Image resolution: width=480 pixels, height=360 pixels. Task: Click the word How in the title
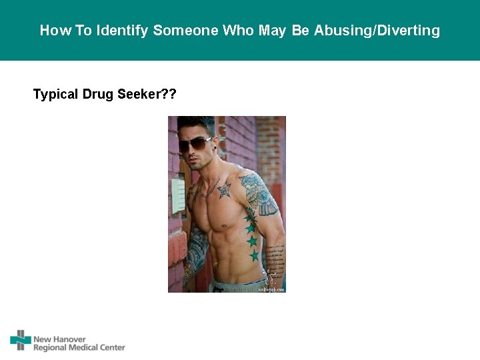tap(51, 31)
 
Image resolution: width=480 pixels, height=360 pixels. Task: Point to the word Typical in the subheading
tap(55, 94)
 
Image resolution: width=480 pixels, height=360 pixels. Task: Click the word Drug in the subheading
tap(98, 94)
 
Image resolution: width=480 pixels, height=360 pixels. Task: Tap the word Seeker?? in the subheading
tap(147, 94)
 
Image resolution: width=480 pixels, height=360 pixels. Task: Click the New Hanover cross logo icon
tap(21, 340)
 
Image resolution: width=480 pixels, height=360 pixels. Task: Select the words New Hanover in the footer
tap(59, 339)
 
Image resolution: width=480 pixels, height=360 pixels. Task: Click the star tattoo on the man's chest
tap(223, 190)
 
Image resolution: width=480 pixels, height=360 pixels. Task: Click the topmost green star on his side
tap(249, 217)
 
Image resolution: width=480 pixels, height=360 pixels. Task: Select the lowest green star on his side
tap(254, 255)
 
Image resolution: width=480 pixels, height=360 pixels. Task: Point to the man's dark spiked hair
tap(200, 125)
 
